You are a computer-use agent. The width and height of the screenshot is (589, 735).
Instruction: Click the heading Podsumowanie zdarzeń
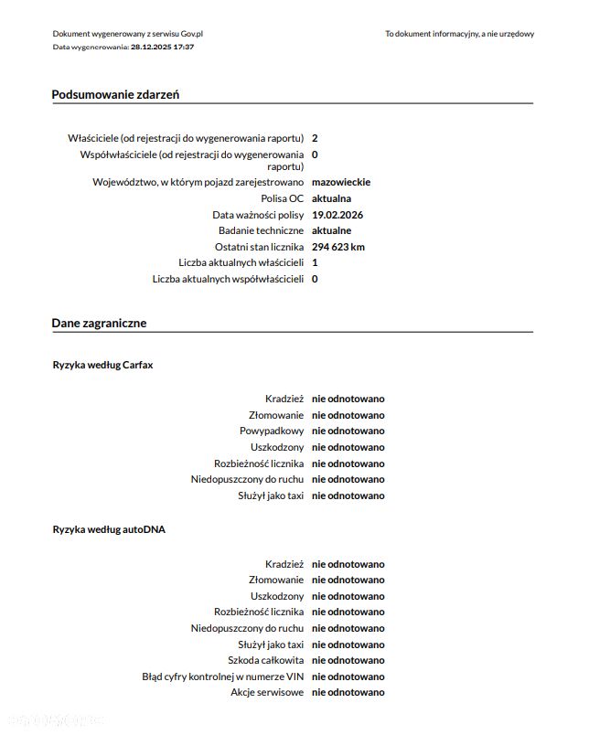[x=115, y=94]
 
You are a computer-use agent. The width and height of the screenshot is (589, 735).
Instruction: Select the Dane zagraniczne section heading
[x=99, y=323]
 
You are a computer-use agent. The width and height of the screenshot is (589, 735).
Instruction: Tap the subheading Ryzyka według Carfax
[x=103, y=365]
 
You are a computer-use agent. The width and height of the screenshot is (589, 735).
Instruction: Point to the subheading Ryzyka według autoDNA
[x=109, y=529]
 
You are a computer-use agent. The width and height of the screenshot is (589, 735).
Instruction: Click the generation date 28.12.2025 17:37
[x=162, y=46]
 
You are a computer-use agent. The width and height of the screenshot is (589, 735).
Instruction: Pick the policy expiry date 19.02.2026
[x=338, y=215]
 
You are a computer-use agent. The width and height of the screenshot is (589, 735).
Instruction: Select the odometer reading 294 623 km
[x=338, y=247]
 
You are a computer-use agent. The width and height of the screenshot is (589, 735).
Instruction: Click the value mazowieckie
[x=341, y=182]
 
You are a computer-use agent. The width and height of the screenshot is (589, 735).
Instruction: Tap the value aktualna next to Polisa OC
[x=331, y=198]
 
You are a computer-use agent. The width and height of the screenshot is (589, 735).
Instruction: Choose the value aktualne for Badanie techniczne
[x=331, y=230]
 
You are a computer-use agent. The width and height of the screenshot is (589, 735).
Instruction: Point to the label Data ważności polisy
[x=258, y=215]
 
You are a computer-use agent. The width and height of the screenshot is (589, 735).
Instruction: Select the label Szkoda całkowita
[x=265, y=660]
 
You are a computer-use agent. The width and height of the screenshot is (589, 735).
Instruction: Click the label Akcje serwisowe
[x=267, y=692]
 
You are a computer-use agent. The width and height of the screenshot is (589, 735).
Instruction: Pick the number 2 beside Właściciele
[x=315, y=138]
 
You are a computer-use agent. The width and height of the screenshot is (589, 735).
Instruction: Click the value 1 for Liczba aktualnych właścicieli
[x=315, y=262]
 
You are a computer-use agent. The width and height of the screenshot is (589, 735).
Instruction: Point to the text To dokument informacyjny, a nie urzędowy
[x=459, y=34]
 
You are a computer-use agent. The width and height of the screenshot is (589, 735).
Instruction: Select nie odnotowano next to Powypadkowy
[x=348, y=431]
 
